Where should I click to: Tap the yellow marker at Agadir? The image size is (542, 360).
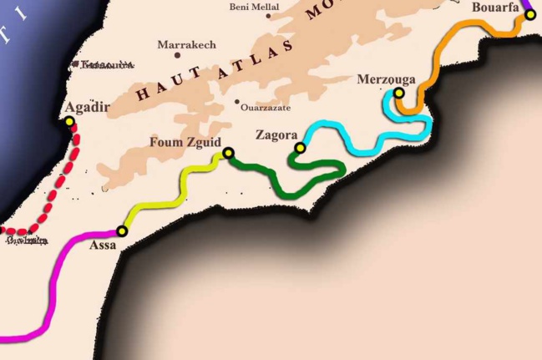[x=69, y=122]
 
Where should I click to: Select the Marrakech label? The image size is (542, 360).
[x=186, y=44]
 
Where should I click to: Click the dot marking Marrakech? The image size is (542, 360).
[x=177, y=56]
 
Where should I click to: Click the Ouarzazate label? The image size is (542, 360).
[x=265, y=108]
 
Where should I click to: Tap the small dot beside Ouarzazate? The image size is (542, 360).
[x=237, y=102]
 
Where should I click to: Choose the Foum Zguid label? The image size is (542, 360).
[x=185, y=141]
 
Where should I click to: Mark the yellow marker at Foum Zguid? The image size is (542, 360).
[x=228, y=153]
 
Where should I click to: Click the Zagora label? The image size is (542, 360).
[x=276, y=134]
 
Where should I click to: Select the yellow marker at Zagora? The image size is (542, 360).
[x=300, y=148]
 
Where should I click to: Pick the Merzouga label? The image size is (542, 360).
[x=386, y=79]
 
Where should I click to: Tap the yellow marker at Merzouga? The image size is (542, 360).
[x=399, y=93]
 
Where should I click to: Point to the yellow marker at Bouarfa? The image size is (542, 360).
[x=529, y=14]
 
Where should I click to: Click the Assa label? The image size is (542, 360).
[x=104, y=245]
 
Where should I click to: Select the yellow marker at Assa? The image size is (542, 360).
[x=122, y=231]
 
